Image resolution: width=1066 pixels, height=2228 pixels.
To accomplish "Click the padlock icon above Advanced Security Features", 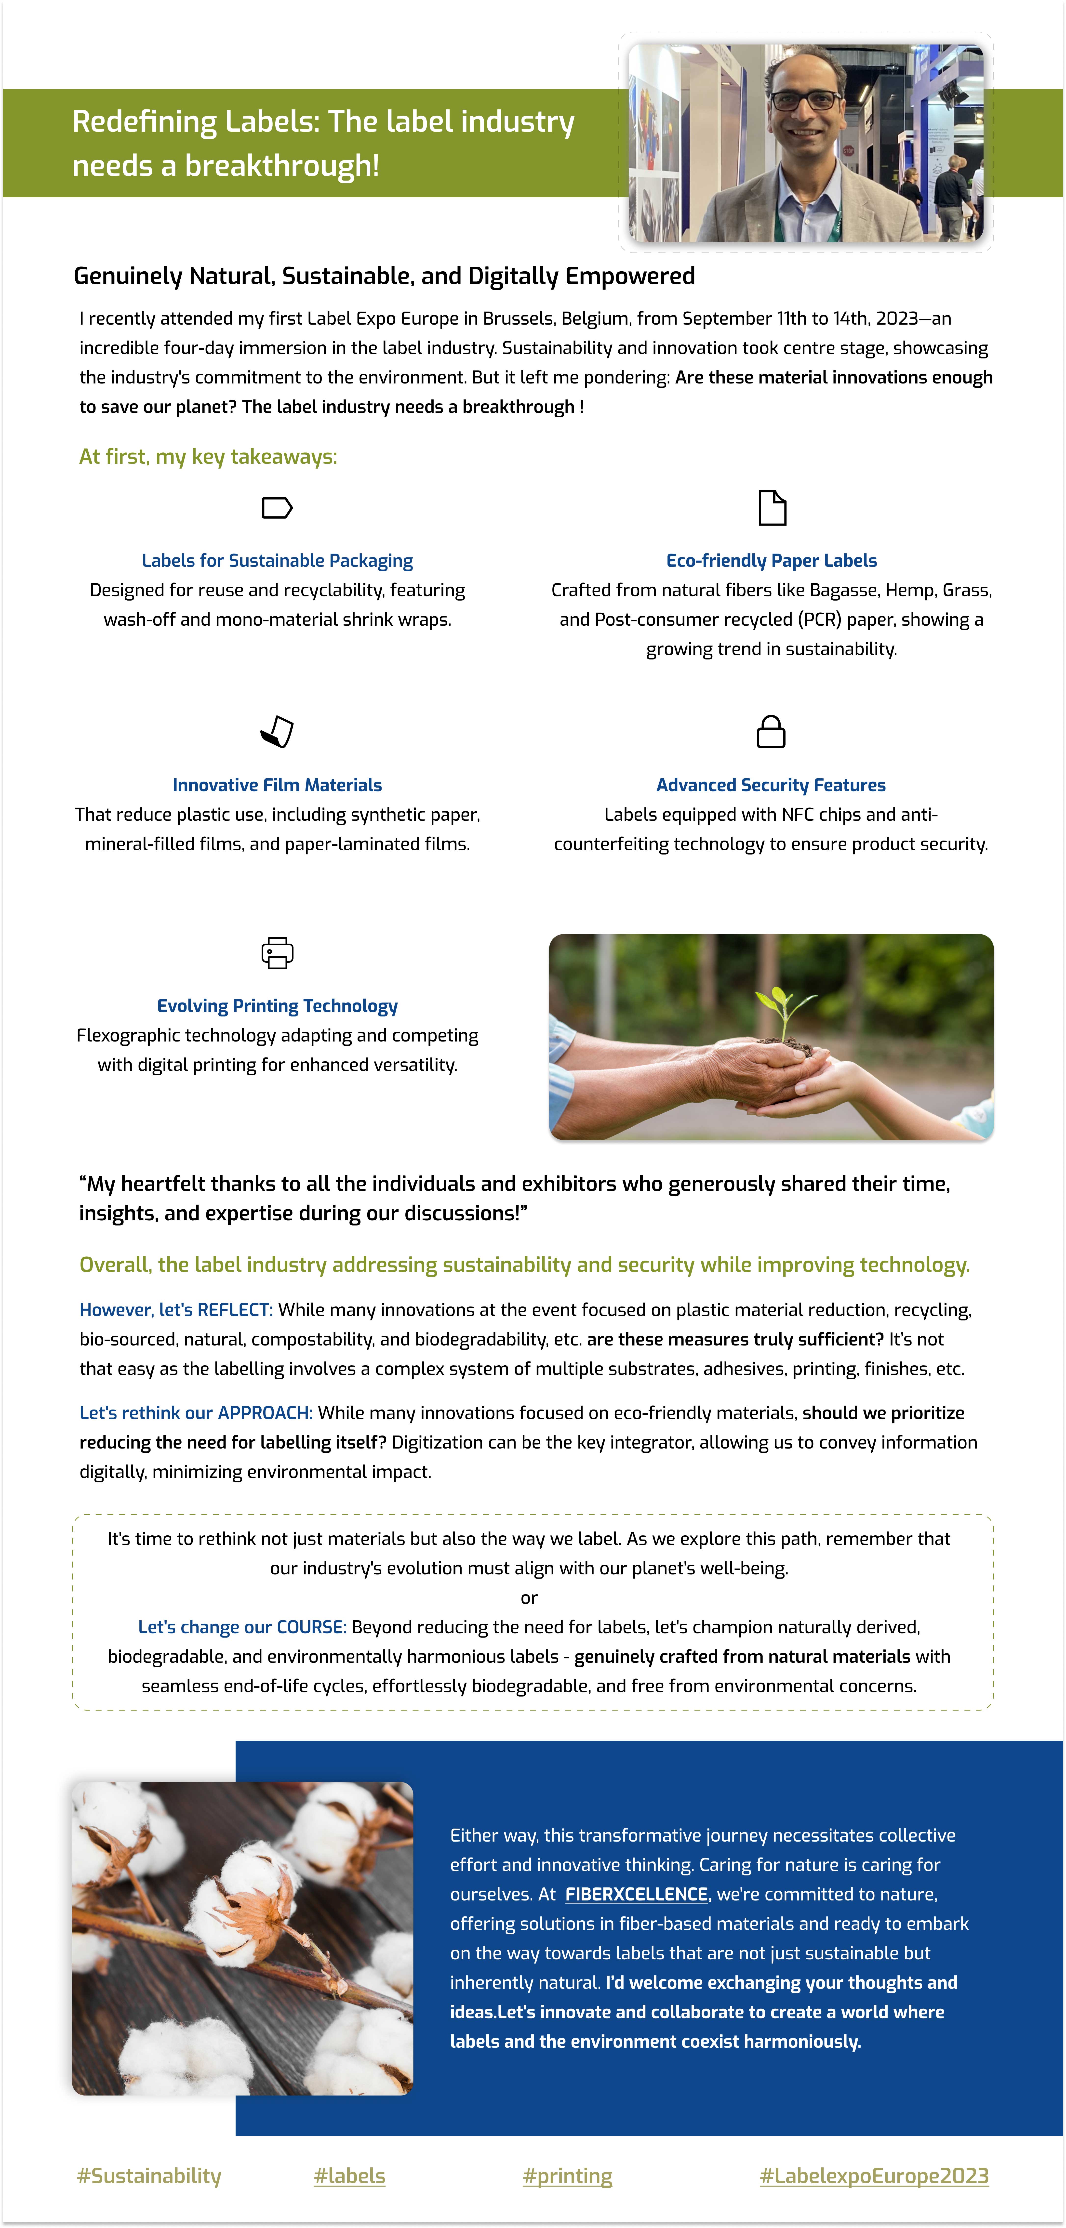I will click(771, 732).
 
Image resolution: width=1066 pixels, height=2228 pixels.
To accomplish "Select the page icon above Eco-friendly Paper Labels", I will click(772, 508).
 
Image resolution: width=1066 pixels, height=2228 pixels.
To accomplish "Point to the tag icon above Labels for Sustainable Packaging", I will click(277, 508).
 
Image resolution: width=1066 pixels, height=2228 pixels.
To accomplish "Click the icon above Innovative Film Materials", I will click(277, 732).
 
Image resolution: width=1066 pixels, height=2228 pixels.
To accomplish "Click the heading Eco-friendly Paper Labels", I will click(771, 560).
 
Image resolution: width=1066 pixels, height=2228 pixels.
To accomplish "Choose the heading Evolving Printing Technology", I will click(277, 1006).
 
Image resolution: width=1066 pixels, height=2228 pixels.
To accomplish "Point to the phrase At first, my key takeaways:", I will click(208, 457).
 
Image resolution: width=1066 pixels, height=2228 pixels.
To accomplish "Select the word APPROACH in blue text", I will click(265, 1412).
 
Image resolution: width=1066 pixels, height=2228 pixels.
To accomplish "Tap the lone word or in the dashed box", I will click(529, 1597).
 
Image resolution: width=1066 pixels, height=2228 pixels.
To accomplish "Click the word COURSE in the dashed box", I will click(311, 1627).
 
